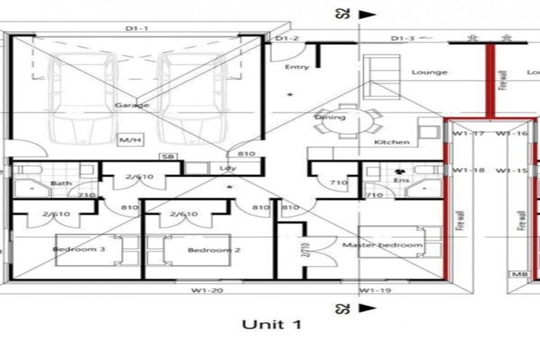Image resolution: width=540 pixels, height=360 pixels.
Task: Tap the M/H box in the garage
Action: point(131,141)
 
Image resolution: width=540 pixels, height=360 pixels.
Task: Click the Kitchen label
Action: point(392,142)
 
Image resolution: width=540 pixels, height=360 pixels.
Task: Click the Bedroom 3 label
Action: point(89,249)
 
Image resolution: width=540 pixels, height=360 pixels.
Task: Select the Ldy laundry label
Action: point(227,169)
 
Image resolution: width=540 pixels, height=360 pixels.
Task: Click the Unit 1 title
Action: point(272,324)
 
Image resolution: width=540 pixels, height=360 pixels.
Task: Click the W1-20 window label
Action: point(208,290)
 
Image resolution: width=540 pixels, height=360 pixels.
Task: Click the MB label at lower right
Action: point(520,275)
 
